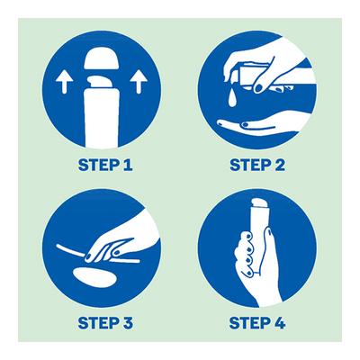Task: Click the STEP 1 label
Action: pos(105,165)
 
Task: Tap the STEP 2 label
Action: pos(257,165)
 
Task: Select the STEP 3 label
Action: pos(105,323)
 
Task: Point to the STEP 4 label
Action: pos(257,323)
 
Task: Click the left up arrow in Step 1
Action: pos(64,82)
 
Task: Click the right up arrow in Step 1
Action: pos(139,82)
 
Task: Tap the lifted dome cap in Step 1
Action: pos(100,58)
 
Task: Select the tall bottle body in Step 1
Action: pos(102,118)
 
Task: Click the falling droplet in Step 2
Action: pos(232,99)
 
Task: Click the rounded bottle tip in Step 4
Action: pos(258,202)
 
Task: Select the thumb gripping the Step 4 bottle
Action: pos(268,246)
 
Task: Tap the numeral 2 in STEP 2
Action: pos(279,165)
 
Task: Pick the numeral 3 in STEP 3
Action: pos(127,323)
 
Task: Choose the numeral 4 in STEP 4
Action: pos(279,323)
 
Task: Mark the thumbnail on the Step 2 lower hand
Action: pos(246,123)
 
